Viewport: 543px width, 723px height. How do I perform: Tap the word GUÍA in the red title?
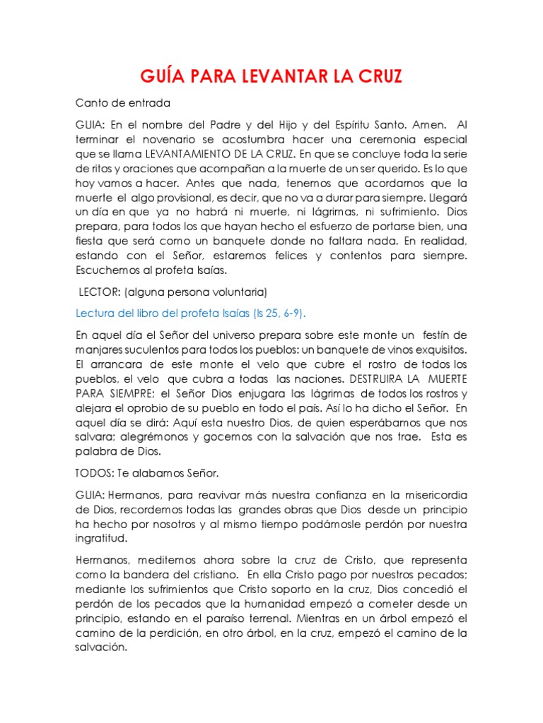160,76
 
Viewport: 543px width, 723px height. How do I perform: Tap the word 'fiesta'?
92,241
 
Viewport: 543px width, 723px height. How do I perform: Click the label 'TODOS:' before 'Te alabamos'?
96,473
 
